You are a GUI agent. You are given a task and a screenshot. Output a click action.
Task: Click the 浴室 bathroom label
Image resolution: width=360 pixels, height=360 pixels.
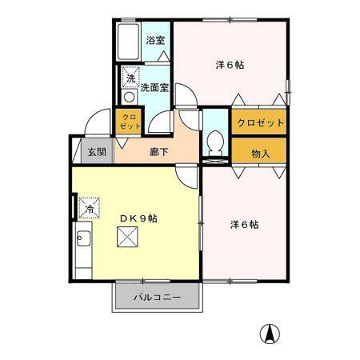[x=156, y=40]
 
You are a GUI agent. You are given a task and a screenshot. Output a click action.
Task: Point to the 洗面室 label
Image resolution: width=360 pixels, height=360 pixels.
[x=155, y=88]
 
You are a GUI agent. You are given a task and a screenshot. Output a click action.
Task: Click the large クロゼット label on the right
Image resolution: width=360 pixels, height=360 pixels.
[x=259, y=124]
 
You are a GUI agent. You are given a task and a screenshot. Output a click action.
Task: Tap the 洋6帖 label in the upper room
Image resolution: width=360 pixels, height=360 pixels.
[x=230, y=64]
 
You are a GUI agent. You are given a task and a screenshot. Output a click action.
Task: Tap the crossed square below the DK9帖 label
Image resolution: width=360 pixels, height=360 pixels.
[x=127, y=238]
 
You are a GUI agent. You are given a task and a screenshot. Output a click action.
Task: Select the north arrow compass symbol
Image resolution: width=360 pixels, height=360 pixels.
[x=273, y=334]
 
